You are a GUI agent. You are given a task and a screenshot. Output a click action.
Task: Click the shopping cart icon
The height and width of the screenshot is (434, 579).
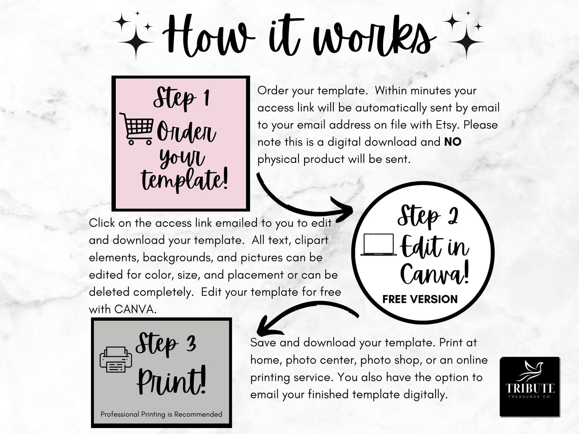136,129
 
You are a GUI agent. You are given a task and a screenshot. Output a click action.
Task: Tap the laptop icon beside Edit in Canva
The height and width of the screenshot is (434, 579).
379,245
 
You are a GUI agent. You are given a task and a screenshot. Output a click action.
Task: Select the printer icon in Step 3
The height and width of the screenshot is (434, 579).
115,360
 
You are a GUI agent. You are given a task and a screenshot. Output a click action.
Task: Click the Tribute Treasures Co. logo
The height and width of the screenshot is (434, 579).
530,387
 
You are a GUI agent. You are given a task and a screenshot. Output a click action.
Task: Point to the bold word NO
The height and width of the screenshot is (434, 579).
453,142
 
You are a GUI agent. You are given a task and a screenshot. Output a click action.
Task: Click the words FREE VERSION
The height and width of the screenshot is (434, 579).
420,299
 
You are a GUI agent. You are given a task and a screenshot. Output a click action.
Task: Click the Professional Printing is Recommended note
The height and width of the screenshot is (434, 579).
161,414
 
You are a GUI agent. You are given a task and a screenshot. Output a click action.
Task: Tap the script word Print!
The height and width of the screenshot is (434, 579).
171,381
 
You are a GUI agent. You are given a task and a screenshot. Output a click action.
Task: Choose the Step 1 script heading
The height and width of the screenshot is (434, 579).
182,97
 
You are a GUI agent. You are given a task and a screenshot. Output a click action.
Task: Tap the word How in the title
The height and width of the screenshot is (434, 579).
208,36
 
